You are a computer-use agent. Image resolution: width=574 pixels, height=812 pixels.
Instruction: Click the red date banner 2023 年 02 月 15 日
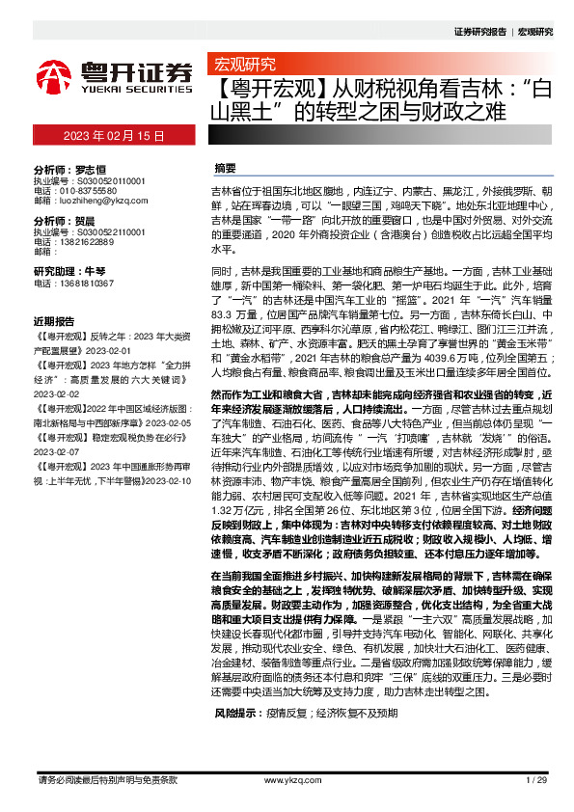point(114,136)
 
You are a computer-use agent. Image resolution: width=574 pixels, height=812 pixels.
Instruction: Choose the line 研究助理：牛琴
point(69,272)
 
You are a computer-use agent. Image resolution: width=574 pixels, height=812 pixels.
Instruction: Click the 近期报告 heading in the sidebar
point(54,321)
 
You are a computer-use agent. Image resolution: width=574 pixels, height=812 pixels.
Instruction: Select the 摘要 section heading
point(225,167)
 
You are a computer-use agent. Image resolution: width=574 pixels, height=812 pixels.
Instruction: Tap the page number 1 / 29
point(536,779)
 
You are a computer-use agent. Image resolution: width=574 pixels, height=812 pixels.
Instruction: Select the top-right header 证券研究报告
point(479,32)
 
